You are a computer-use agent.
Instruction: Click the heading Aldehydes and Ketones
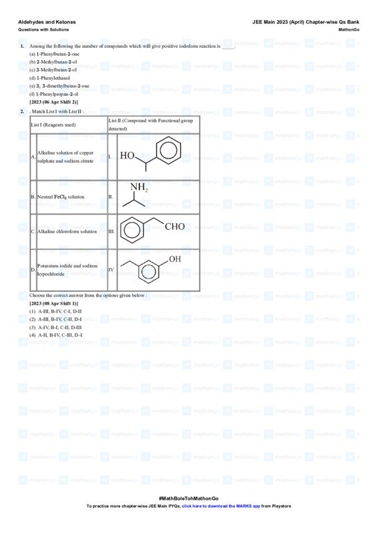coord(47,22)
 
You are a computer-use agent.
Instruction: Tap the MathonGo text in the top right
coord(349,30)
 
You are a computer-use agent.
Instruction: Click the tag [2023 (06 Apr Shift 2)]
coord(53,102)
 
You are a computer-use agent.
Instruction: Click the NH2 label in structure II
coord(139,187)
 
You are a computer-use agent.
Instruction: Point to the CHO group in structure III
coord(174,227)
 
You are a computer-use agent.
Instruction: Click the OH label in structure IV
coord(174,259)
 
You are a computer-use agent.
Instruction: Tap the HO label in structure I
coord(127,156)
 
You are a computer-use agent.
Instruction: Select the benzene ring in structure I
coord(168,151)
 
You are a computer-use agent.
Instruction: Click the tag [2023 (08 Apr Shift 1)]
coord(53,303)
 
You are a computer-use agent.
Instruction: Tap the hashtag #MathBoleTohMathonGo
coord(188,498)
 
